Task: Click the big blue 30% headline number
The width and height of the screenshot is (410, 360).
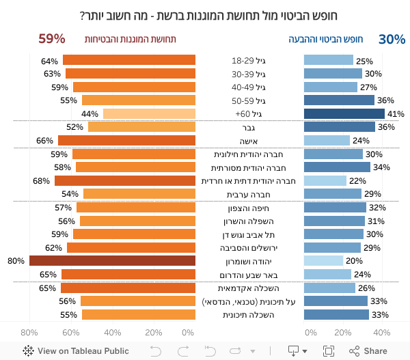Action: click(392, 40)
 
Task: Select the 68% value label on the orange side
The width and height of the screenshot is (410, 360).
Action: click(42, 181)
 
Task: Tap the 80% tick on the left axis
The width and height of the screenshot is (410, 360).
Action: click(29, 333)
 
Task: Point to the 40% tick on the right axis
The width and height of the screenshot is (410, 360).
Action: click(381, 333)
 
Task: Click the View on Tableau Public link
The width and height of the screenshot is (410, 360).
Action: click(76, 351)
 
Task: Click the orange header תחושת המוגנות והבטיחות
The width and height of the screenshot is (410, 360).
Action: click(131, 40)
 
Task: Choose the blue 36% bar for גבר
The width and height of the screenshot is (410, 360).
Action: click(339, 127)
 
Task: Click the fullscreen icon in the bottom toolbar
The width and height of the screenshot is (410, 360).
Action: click(329, 351)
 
